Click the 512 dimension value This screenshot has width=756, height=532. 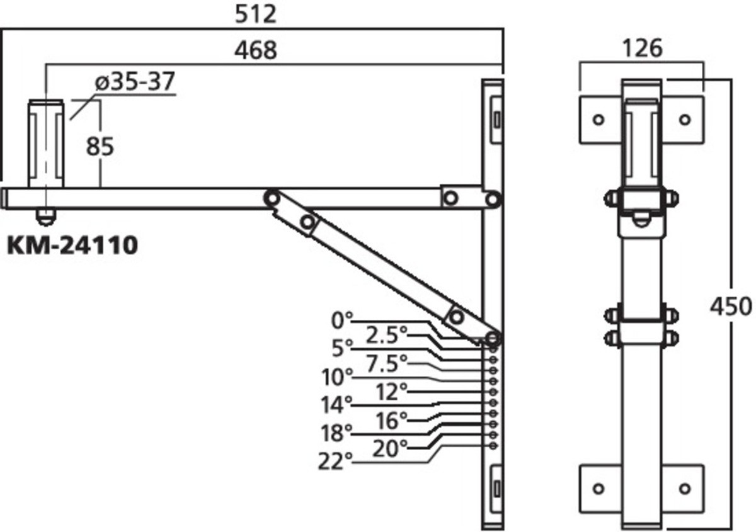(256, 14)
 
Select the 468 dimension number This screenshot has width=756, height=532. (256, 50)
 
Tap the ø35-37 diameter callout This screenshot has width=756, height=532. (135, 81)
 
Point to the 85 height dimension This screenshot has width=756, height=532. (100, 147)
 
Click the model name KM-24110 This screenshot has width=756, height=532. (72, 246)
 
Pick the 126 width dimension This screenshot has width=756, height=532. (642, 48)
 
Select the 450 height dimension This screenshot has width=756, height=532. (731, 307)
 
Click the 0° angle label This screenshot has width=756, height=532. (342, 320)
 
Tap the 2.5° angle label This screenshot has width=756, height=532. (387, 335)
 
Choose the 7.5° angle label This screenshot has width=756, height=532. (387, 363)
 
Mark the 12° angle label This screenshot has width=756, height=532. (391, 392)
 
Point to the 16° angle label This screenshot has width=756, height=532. (391, 421)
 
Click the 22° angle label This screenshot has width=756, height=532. (335, 461)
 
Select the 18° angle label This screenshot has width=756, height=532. (336, 433)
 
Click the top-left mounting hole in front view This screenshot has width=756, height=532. (598, 120)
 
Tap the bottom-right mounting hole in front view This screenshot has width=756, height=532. (685, 488)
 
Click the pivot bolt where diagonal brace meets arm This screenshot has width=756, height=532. (272, 198)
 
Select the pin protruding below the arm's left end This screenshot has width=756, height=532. (46, 217)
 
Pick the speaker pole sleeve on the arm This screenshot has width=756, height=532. (46, 144)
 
